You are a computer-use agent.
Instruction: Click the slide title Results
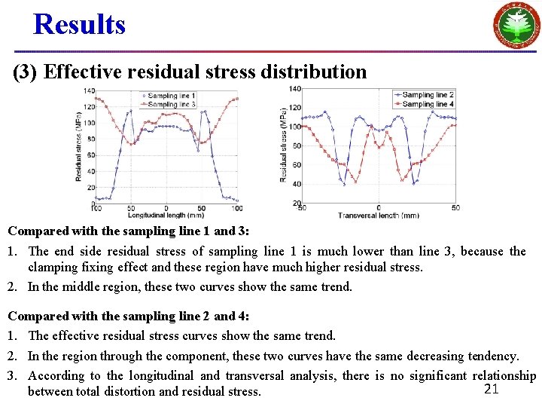pos(79,24)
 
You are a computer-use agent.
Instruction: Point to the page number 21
pos(491,389)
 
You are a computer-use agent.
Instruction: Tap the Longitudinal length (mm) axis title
pos(165,215)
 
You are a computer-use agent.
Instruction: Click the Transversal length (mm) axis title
pos(378,215)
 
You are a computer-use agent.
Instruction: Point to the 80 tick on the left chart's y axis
pos(90,139)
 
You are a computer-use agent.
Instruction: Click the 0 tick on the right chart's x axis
pos(378,208)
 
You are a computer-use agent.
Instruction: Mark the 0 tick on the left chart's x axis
pos(166,208)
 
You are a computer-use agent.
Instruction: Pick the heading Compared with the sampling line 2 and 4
pos(127,316)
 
